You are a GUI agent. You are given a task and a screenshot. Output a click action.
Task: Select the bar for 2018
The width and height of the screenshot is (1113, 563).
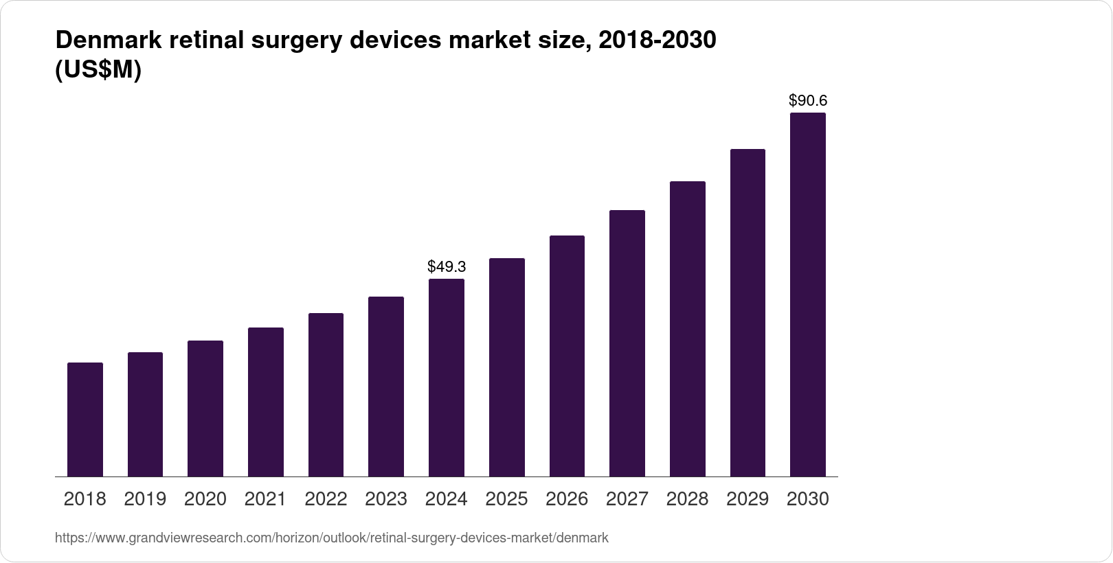85,420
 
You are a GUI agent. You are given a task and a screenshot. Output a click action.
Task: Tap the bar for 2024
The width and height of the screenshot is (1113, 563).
447,378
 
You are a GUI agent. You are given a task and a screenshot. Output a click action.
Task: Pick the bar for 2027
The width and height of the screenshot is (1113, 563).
627,343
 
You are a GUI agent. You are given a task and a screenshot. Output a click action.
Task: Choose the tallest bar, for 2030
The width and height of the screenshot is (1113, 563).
808,295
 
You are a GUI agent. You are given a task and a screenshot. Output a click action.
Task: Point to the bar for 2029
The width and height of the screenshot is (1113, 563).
747,312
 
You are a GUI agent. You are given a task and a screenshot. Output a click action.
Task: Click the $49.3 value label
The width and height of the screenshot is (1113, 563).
447,266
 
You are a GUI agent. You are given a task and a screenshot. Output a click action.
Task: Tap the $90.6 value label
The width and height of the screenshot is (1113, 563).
808,101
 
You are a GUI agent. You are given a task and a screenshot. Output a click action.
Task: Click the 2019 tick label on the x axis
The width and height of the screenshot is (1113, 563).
145,499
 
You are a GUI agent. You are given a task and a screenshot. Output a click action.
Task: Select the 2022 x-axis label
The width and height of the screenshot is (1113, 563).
326,499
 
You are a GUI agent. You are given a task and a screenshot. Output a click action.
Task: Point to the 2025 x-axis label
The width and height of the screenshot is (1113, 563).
506,499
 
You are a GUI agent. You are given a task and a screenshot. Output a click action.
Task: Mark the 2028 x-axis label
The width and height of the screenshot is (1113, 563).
687,499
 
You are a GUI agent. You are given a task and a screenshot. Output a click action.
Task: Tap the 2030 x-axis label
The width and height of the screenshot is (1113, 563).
808,499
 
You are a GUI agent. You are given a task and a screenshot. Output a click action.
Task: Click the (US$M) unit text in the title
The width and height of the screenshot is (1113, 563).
98,71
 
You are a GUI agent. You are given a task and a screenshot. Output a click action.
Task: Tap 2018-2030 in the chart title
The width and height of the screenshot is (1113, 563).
657,41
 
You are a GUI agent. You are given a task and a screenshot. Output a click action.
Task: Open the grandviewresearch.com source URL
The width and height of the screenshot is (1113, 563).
331,538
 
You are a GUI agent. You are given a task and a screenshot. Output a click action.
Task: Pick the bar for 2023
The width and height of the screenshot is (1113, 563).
386,387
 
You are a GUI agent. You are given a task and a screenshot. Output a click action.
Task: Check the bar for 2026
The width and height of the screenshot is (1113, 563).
567,356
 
